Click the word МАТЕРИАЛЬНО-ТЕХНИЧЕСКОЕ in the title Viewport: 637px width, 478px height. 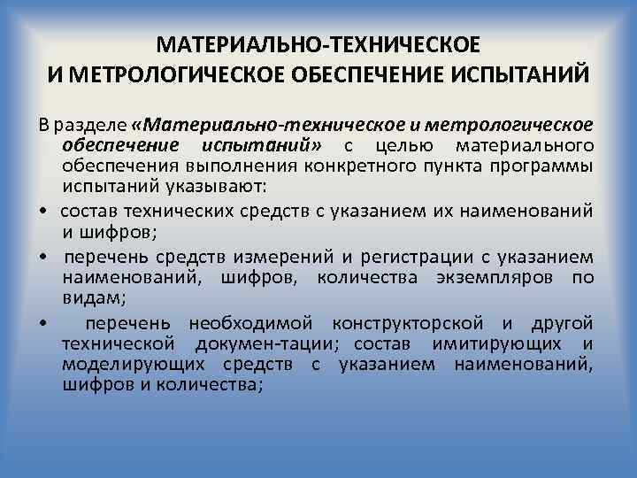coord(318,44)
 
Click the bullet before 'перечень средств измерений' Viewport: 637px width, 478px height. coord(42,257)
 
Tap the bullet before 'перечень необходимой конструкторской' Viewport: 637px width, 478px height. coord(42,322)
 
